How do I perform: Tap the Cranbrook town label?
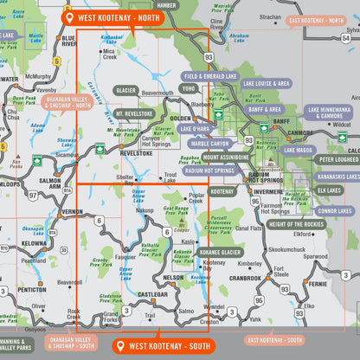click(x=246, y=278)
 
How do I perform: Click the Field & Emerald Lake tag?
click(x=211, y=76)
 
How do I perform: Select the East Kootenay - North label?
click(x=319, y=20)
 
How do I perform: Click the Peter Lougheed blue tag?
click(x=338, y=159)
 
